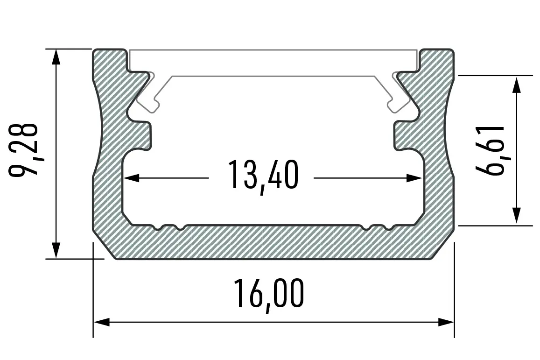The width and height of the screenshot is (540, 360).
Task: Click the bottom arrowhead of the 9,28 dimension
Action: (x=56, y=250)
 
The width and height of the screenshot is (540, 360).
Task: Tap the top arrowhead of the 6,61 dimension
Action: (x=516, y=85)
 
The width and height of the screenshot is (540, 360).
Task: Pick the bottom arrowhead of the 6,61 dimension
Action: (x=516, y=216)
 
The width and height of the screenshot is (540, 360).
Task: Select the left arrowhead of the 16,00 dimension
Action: (x=102, y=323)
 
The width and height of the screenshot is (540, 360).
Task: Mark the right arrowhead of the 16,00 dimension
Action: (x=446, y=323)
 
